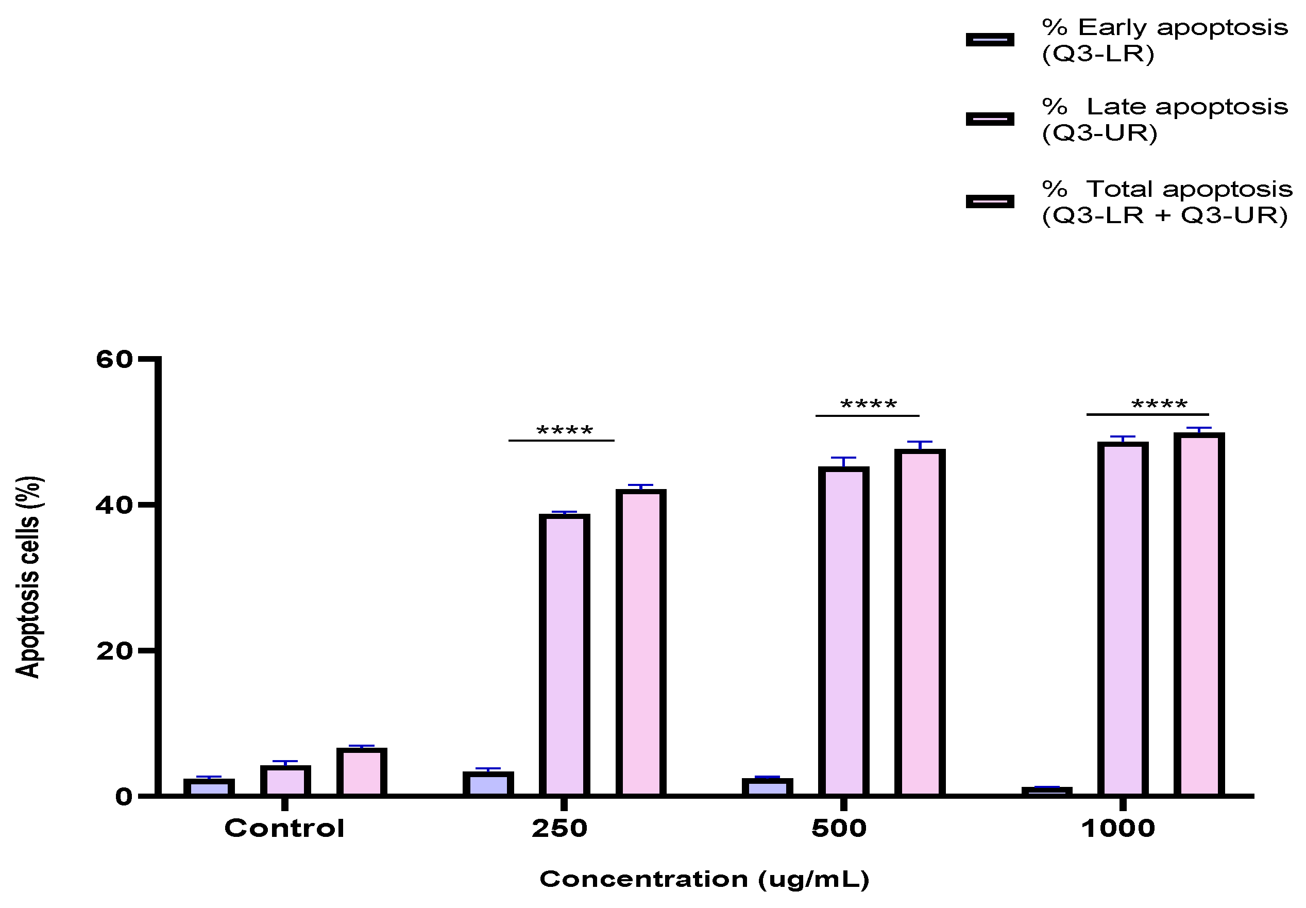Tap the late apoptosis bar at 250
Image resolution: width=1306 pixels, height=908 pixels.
(564, 654)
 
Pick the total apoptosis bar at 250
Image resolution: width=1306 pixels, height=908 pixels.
(640, 643)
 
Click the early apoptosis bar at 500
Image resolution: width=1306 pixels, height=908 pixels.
(767, 787)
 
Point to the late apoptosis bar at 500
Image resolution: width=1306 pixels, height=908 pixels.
(843, 631)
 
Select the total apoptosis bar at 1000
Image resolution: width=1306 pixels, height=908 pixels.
(1199, 614)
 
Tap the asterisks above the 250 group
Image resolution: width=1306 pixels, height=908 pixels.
(564, 431)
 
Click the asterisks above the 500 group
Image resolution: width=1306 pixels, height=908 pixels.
(868, 405)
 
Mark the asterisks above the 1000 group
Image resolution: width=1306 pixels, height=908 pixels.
(1159, 405)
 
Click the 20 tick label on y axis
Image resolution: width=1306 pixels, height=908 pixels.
(114, 651)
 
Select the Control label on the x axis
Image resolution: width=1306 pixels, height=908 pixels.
(284, 828)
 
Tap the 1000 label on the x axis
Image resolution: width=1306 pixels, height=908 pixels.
(1118, 828)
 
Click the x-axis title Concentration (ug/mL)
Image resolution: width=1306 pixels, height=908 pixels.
(704, 880)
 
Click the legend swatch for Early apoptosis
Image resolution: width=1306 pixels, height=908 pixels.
(990, 40)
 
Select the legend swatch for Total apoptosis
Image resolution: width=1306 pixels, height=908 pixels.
(990, 201)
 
